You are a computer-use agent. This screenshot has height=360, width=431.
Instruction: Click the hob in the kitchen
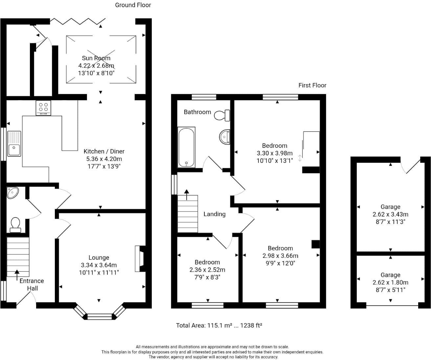pos(43,108)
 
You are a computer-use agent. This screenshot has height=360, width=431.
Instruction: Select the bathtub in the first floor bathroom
pos(187,147)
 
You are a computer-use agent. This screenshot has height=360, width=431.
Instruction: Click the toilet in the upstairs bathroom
pos(222,115)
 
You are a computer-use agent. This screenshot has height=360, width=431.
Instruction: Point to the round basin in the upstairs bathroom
pos(225,137)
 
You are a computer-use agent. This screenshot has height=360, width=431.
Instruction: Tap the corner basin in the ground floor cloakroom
pos(12,192)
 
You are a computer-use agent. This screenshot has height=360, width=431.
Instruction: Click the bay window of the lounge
pos(100,316)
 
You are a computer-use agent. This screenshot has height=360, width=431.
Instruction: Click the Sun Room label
pos(96,58)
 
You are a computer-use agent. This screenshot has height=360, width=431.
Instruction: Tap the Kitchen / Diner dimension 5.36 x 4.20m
pos(104,159)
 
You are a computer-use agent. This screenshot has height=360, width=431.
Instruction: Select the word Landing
pos(214,214)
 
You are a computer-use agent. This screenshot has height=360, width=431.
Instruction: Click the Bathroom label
pos(197,112)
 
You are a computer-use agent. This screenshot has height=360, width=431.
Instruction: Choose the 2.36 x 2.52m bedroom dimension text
pos(207,270)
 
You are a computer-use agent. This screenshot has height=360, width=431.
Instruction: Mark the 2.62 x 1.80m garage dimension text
pos(390,282)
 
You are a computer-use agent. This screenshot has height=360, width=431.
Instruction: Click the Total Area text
pos(219,326)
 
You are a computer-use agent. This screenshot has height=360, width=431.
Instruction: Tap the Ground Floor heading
pos(133,5)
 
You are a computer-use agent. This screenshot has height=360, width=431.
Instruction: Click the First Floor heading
pos(312,85)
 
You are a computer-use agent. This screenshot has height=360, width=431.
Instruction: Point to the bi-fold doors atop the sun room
pos(78,22)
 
